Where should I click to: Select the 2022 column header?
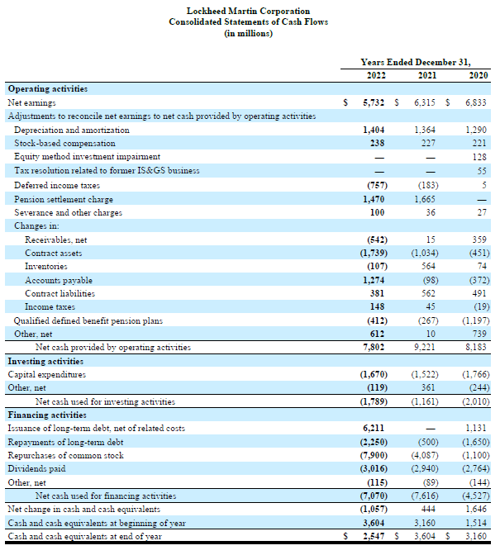376,75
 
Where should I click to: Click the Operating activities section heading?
47,89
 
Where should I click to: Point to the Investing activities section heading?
45,361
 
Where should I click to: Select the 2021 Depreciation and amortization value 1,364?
427,130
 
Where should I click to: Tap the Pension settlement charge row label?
63,199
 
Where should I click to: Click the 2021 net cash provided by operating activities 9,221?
427,347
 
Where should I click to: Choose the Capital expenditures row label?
46,374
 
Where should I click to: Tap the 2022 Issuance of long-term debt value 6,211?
377,428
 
